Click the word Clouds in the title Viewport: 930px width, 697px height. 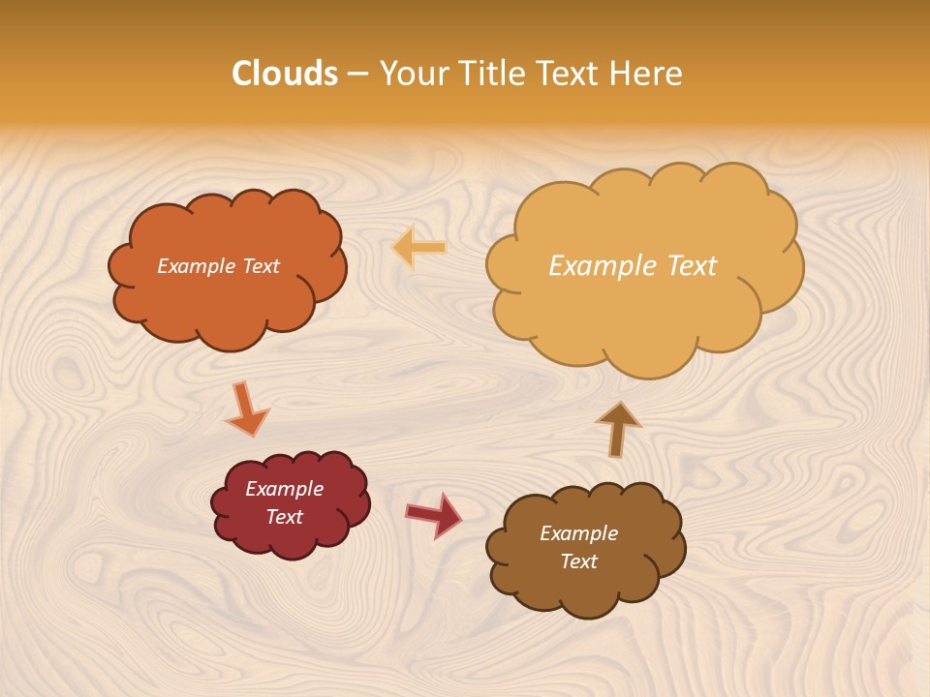click(x=285, y=74)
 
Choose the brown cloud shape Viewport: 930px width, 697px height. click(x=586, y=591)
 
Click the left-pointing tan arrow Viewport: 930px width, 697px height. click(x=419, y=248)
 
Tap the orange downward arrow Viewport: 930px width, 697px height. click(x=246, y=410)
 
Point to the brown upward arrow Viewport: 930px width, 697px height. click(x=618, y=429)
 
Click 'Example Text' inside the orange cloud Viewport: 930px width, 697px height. click(x=218, y=266)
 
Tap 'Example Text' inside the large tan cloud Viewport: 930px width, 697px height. click(x=633, y=266)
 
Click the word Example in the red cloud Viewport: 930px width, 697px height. click(x=284, y=489)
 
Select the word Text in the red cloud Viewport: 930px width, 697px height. click(x=284, y=517)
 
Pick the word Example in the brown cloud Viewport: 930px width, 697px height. click(x=578, y=533)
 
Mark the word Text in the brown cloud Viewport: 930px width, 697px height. click(x=578, y=561)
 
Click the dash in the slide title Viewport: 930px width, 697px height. click(x=357, y=74)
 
